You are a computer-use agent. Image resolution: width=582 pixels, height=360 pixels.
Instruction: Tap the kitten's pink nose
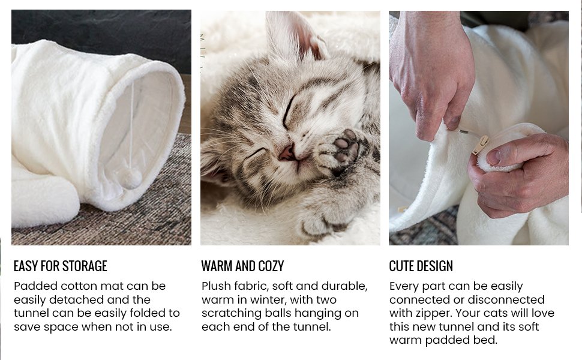pyautogui.click(x=286, y=154)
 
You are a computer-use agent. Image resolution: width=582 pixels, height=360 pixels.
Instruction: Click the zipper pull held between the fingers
pyautogui.click(x=480, y=145)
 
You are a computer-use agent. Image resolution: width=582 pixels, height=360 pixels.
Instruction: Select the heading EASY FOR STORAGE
pyautogui.click(x=60, y=266)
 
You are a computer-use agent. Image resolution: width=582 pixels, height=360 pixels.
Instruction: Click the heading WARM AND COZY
pyautogui.click(x=242, y=266)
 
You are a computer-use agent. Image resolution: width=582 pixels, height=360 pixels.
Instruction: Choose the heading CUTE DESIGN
pyautogui.click(x=421, y=266)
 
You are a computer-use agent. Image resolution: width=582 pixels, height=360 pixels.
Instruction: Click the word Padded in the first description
pyautogui.click(x=34, y=286)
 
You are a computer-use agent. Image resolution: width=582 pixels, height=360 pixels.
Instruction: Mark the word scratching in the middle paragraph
pyautogui.click(x=231, y=313)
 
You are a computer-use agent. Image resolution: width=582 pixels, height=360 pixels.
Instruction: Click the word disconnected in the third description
pyautogui.click(x=506, y=300)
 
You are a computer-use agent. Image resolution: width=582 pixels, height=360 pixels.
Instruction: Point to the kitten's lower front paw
pyautogui.click(x=318, y=225)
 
